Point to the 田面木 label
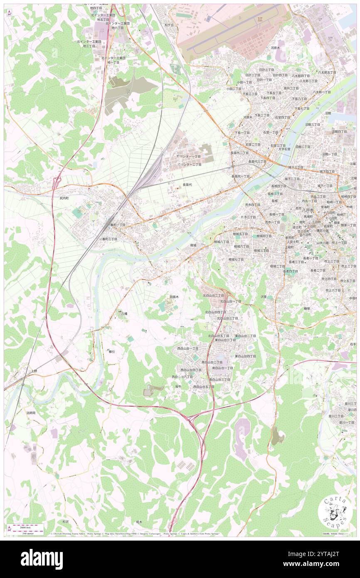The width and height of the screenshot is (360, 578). click(x=175, y=297)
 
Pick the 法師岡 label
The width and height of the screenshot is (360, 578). click(x=31, y=413)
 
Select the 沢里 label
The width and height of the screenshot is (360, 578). click(x=264, y=297)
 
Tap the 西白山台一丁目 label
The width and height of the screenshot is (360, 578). click(x=188, y=348)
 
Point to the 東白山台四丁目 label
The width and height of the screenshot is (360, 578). click(x=245, y=356)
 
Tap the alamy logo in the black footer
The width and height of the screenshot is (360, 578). click(x=42, y=559)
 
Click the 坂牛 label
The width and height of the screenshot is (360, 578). click(x=178, y=386)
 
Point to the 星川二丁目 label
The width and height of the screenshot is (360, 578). click(x=336, y=416)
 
